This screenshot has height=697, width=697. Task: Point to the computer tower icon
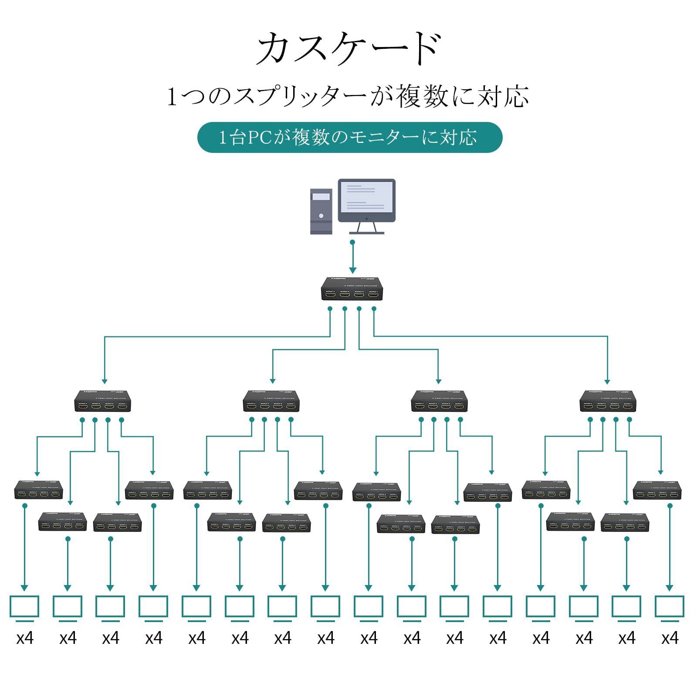[x=321, y=211]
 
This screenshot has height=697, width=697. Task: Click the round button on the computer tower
[x=321, y=216]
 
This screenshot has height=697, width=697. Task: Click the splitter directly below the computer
[x=352, y=289]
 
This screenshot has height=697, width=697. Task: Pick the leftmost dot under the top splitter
[x=330, y=308]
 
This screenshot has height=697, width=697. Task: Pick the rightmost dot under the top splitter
[x=374, y=308]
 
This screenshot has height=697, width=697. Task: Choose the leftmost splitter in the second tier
[x=103, y=401]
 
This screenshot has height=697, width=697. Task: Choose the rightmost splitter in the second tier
[x=608, y=401]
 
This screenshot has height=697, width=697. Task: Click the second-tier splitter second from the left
[x=271, y=401]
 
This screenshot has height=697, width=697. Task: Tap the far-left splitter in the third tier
[x=38, y=490]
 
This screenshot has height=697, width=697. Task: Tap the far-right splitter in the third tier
[x=657, y=490]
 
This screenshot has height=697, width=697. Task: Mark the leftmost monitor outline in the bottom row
[x=24, y=606]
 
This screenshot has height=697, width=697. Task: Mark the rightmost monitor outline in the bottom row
[x=670, y=606]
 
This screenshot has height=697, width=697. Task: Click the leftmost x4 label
[x=25, y=638]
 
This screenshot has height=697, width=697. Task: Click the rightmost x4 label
[x=670, y=638]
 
